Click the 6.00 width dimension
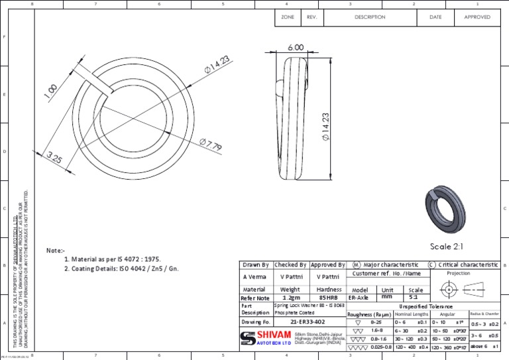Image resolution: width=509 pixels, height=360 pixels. coord(296,48)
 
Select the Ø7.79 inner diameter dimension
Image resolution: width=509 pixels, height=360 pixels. coord(210,145)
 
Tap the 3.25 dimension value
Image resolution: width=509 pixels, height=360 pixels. coord(55,158)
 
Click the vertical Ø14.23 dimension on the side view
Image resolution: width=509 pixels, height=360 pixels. coord(325,127)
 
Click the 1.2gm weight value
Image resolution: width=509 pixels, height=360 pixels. coord(290,298)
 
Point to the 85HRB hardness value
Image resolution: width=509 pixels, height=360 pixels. coord(329,298)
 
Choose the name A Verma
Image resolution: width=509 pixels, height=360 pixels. coord(254,276)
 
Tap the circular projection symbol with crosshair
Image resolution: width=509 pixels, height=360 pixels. coord(449,290)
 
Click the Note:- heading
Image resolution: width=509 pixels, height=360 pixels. coord(56,251)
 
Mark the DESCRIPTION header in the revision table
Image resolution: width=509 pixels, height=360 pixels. coord(370,17)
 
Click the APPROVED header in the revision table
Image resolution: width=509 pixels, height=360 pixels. coord(477,17)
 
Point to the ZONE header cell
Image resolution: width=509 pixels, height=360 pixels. coord(288,17)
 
